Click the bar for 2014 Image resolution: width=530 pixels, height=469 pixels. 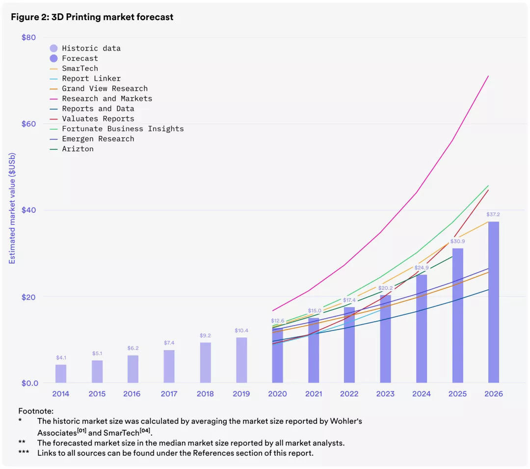pos(61,373)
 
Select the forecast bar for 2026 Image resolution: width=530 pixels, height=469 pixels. pos(493,302)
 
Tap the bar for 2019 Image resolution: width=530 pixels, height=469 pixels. pos(241,360)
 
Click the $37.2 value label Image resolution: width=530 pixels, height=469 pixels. pos(493,215)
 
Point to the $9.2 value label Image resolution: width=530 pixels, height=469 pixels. pos(205,335)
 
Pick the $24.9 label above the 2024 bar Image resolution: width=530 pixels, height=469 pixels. pos(422,268)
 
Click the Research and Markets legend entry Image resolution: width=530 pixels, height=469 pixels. pos(107,99)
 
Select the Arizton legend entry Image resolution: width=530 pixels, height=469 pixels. pos(78,149)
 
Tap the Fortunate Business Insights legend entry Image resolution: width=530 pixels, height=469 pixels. pos(123,129)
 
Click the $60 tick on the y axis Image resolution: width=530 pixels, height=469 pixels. pos(29,124)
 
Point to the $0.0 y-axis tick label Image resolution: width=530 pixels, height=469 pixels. pos(30,383)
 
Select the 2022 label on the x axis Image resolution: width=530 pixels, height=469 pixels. pos(349,394)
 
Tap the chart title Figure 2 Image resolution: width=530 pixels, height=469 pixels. pos(92,17)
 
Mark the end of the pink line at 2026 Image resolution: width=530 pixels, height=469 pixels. pos(488,76)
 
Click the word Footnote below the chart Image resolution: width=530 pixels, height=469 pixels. pos(35,411)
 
